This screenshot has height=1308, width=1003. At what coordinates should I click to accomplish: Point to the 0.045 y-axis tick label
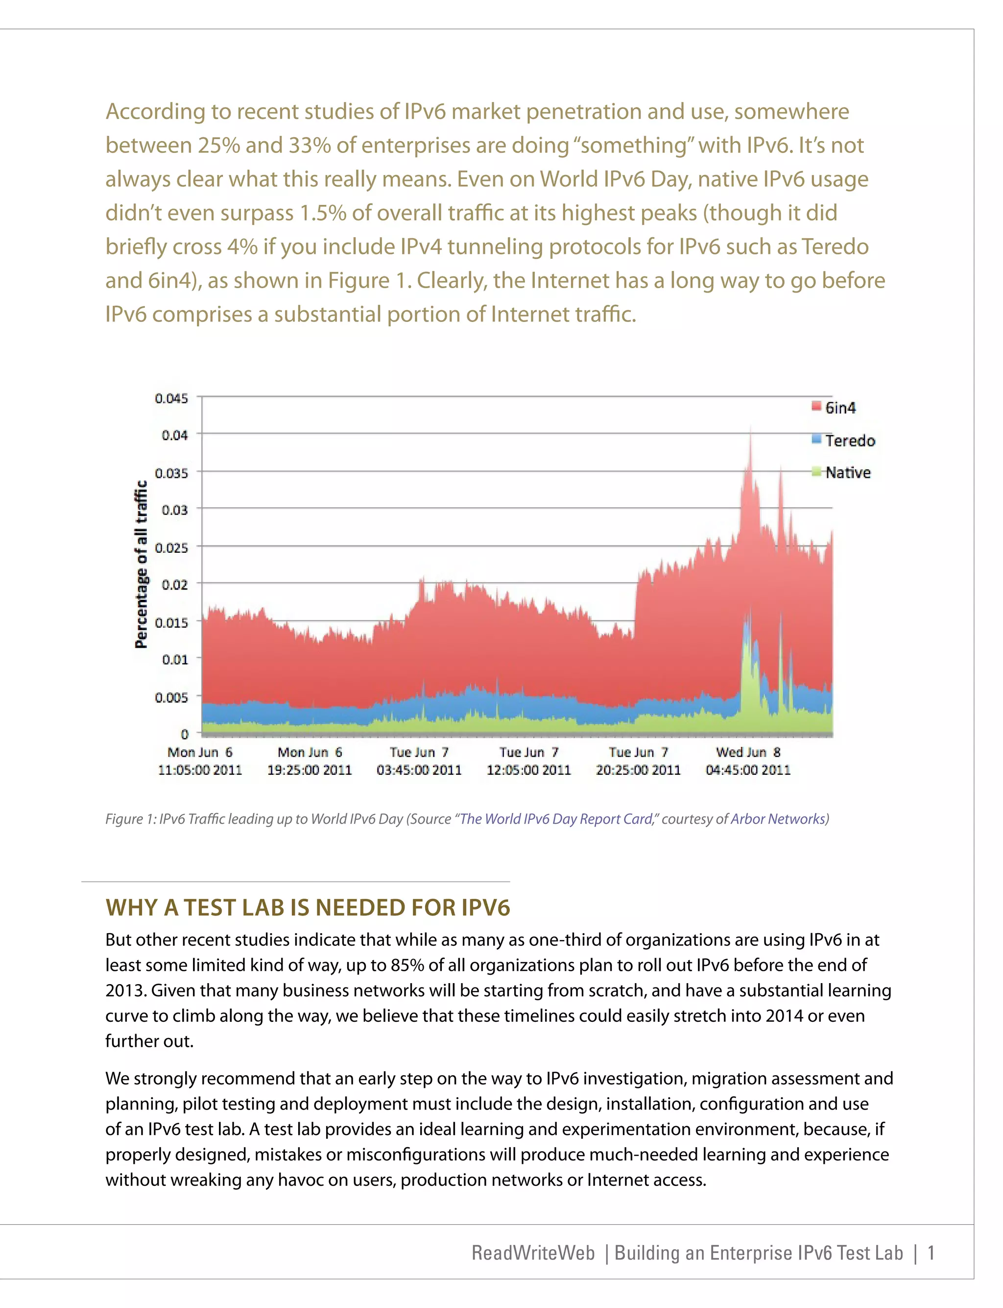point(171,398)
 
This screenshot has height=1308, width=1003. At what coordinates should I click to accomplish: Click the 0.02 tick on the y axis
point(174,585)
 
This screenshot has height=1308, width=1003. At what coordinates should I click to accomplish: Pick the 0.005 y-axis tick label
point(171,697)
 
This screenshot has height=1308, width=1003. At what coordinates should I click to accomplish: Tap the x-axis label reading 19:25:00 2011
point(309,770)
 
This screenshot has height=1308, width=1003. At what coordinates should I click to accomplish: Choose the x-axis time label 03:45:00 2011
point(419,770)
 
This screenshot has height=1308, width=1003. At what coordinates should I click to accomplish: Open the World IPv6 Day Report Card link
point(556,819)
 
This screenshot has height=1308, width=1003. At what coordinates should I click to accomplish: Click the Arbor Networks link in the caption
point(777,819)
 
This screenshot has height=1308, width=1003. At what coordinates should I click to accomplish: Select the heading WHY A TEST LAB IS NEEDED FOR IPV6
point(308,908)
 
